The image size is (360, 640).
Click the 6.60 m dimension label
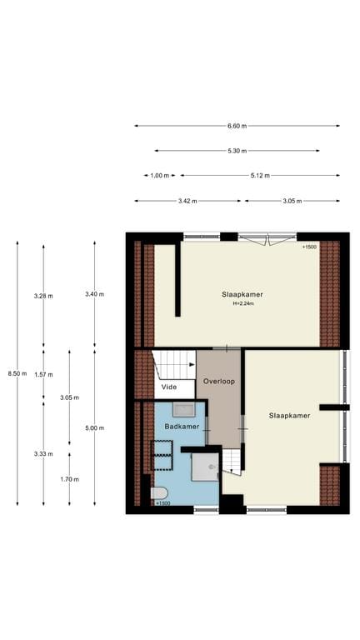coord(237,126)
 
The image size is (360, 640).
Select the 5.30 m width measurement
coord(237,151)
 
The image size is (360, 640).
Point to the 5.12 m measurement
coord(261,176)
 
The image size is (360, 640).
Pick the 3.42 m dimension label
coord(187,201)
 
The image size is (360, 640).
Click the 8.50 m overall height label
coord(17,373)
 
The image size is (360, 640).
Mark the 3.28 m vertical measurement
coord(42,296)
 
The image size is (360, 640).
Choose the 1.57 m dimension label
coord(43,374)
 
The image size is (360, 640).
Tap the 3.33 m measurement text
coord(42,454)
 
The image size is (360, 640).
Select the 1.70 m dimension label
coord(69,479)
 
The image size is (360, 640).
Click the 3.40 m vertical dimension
coord(94,294)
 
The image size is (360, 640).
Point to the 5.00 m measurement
coord(94,427)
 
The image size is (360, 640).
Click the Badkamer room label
coord(182,427)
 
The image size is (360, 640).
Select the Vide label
coord(169,387)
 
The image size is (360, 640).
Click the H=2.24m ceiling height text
coord(242,304)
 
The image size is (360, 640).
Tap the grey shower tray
coord(205,467)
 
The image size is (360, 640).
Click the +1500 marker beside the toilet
coord(162,503)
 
